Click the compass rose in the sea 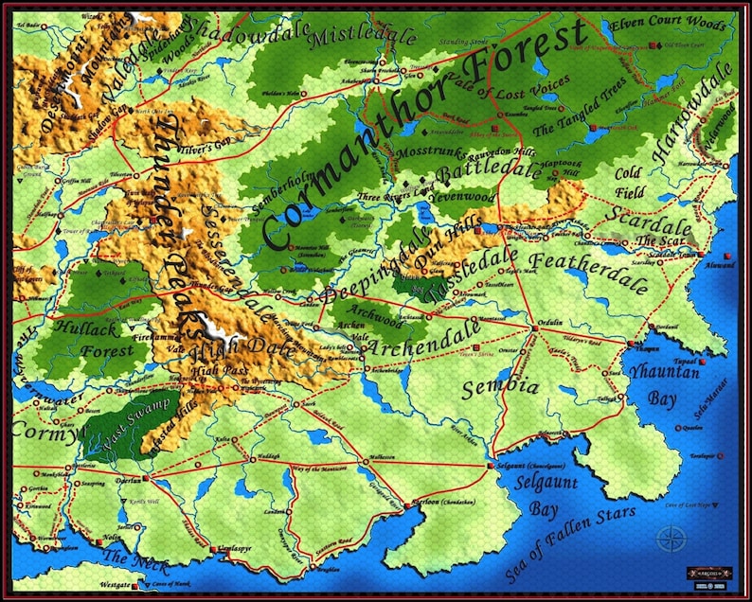click(671, 539)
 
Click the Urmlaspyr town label click(232, 549)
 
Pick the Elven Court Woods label click(669, 24)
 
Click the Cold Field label click(628, 183)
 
